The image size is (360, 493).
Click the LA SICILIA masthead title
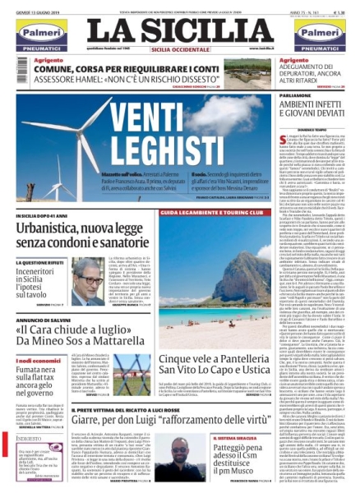[x=180, y=30]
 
